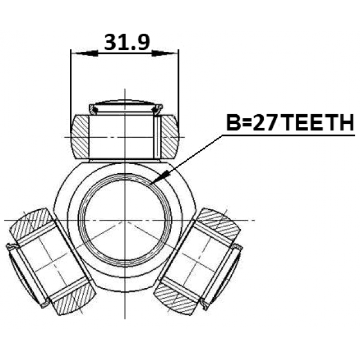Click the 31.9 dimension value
click(x=127, y=42)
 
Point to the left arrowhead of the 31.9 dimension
click(x=85, y=54)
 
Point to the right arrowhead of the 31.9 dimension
click(x=165, y=54)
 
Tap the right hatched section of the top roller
click(x=170, y=137)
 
